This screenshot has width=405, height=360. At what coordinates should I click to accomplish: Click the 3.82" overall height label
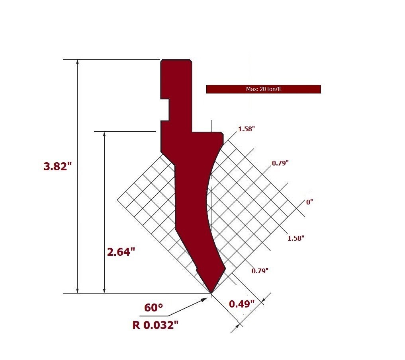[x=57, y=166]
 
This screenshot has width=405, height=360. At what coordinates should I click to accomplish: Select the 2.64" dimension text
[x=121, y=252]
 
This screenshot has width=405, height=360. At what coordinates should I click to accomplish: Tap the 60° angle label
[x=153, y=307]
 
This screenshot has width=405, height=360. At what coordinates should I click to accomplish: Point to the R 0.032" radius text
[x=155, y=325]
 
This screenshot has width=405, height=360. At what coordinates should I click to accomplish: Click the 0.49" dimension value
[x=242, y=304]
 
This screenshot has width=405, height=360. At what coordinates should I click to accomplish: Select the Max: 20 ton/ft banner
[x=264, y=89]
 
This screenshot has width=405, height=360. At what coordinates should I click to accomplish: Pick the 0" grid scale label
[x=309, y=202]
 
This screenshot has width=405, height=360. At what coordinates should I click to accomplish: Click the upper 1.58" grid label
[x=247, y=129]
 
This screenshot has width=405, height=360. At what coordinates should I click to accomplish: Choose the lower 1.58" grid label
[x=296, y=238]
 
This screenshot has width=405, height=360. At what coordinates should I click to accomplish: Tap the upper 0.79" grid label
[x=280, y=163]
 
